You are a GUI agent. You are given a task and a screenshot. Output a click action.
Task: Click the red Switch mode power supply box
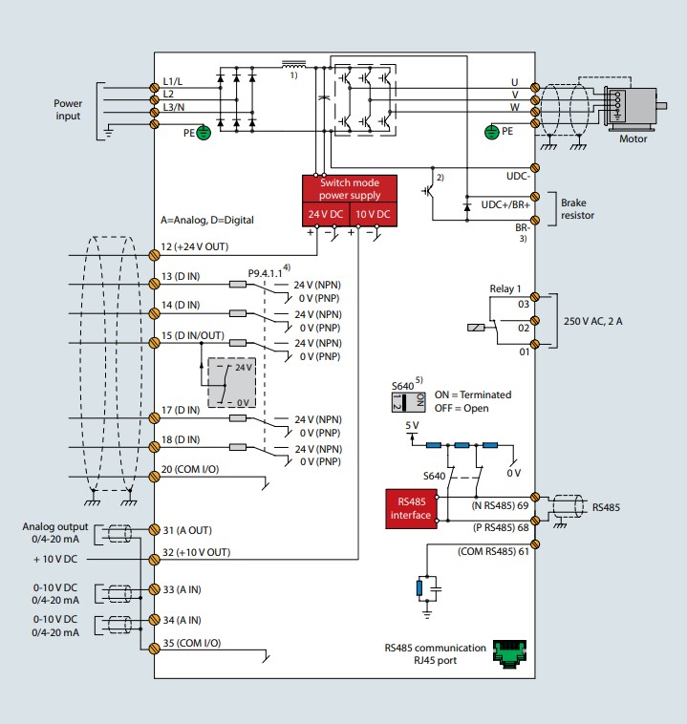350,189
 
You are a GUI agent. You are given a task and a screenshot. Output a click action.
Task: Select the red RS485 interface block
411,508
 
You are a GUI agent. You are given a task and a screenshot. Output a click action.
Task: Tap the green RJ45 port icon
515,653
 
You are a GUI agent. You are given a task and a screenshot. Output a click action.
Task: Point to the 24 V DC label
325,214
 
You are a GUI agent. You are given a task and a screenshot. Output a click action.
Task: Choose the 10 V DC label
372,214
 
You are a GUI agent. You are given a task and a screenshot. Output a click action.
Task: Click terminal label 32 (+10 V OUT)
196,552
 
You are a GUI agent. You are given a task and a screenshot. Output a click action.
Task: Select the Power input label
67,109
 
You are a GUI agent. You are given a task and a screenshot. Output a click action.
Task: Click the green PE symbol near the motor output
493,130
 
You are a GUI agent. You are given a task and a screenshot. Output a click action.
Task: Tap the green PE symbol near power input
203,134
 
